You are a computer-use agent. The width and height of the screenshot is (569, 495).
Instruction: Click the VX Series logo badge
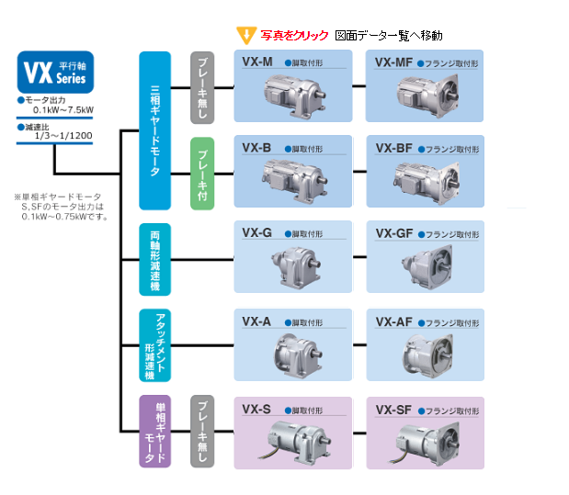pyautogui.click(x=54, y=71)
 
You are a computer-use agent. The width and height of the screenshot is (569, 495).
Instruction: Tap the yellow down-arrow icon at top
pyautogui.click(x=245, y=36)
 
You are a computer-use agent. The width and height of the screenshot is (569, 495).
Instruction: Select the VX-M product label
pyautogui.click(x=257, y=62)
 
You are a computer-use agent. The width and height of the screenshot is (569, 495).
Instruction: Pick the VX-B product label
pyautogui.click(x=256, y=146)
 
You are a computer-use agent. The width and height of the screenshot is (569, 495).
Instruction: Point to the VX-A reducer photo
pyautogui.click(x=292, y=349)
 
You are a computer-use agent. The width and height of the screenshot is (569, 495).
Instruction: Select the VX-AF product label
pyautogui.click(x=393, y=321)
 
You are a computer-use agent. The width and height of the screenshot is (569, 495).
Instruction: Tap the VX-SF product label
pyautogui.click(x=393, y=408)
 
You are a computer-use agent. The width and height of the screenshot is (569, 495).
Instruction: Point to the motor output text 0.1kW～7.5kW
pyautogui.click(x=56, y=110)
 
